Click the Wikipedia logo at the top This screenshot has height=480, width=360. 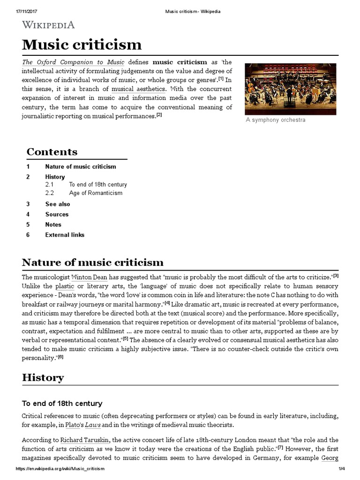point(48,25)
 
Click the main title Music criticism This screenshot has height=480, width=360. point(82,45)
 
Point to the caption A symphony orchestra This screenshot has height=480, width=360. point(275,120)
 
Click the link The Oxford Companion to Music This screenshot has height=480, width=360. point(73,62)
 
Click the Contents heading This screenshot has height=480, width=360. point(52,152)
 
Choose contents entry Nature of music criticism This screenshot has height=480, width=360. point(80,166)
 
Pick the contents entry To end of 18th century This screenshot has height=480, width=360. point(97,185)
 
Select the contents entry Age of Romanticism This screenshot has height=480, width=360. point(95,193)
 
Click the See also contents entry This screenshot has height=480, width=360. point(58,204)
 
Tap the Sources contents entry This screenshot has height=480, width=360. point(57,214)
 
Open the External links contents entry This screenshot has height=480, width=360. point(65,235)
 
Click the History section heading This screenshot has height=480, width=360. point(43,378)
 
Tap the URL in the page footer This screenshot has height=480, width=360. point(60,469)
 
